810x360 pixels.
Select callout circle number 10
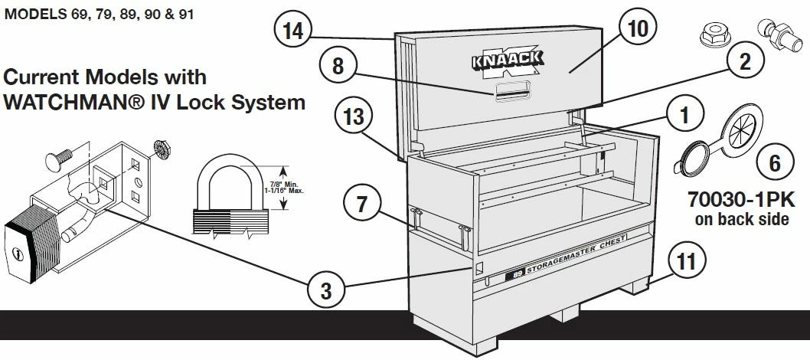tap(638, 29)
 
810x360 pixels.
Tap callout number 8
tap(337, 67)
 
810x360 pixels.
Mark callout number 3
tap(326, 290)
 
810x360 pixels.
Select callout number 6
tap(775, 162)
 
